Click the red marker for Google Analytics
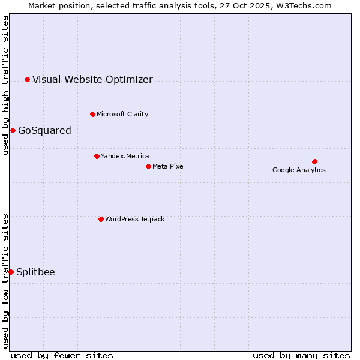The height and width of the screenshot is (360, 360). click(314, 161)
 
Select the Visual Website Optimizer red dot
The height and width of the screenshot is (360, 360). click(27, 79)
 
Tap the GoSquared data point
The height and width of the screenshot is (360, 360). click(13, 130)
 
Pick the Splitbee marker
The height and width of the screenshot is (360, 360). click(11, 272)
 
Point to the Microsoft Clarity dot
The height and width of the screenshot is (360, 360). click(92, 114)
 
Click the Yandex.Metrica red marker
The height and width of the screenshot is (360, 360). click(97, 156)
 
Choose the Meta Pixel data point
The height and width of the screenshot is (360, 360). click(148, 166)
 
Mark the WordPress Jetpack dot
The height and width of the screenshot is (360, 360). click(101, 219)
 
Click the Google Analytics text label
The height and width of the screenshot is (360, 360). click(299, 170)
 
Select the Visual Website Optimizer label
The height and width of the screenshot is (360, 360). click(92, 79)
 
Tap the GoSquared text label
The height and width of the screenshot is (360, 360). click(44, 130)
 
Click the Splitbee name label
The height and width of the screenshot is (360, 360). click(35, 272)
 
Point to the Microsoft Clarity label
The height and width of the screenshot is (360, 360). click(122, 114)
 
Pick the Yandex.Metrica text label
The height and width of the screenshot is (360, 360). click(125, 156)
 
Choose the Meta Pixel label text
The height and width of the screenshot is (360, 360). click(169, 166)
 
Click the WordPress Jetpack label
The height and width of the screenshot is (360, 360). click(134, 219)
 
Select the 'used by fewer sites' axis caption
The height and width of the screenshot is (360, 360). click(62, 355)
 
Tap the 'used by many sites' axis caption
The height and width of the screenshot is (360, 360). click(301, 355)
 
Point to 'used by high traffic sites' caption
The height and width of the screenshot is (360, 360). click(5, 85)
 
